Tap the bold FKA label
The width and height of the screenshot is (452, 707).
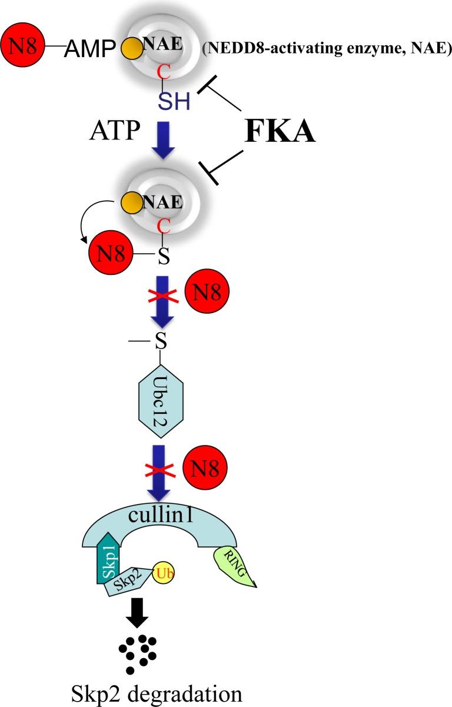click(x=280, y=132)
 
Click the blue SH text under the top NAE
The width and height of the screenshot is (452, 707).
click(x=174, y=102)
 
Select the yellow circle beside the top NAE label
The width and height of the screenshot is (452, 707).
click(x=132, y=49)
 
